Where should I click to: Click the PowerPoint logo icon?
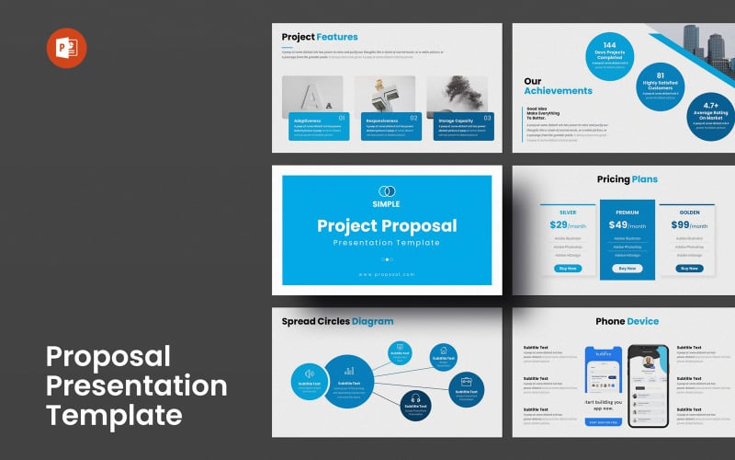pyautogui.click(x=66, y=48)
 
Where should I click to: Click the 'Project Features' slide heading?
pyautogui.click(x=319, y=37)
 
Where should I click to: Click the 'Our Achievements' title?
pyautogui.click(x=558, y=86)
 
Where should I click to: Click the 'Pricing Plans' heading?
pyautogui.click(x=626, y=179)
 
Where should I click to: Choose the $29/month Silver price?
pyautogui.click(x=567, y=225)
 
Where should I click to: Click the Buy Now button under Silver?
pyautogui.click(x=567, y=268)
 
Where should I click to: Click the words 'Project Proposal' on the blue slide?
pyautogui.click(x=386, y=225)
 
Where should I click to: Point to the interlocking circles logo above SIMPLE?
pyautogui.click(x=386, y=190)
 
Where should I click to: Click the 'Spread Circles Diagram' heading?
pyautogui.click(x=337, y=321)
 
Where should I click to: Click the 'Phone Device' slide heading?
pyautogui.click(x=627, y=321)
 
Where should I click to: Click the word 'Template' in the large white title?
pyautogui.click(x=114, y=414)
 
